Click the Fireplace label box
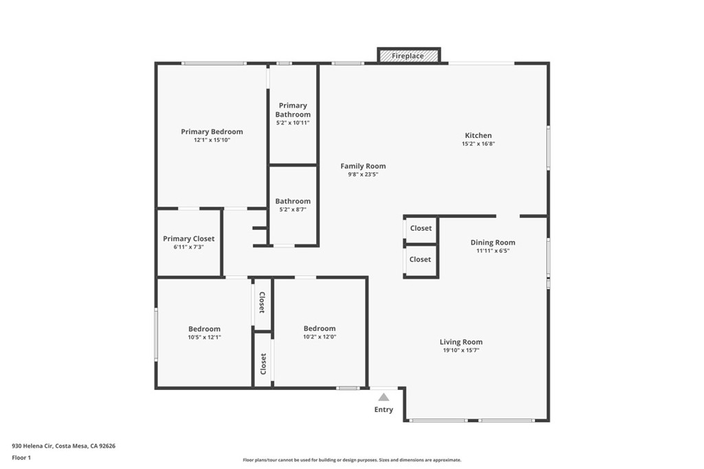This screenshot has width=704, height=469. point(408,56)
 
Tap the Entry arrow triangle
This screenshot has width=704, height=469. point(384,397)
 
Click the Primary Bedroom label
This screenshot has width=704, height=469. point(212,132)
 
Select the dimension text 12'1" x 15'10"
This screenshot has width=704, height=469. point(212,140)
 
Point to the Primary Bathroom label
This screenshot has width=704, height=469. point(293,110)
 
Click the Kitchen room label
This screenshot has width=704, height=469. point(478,135)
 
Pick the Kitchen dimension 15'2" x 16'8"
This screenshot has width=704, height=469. point(478,144)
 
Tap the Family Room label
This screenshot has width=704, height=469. point(363,165)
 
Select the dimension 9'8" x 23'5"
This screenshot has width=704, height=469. point(363,174)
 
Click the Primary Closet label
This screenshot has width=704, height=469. point(188,239)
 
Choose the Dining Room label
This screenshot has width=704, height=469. point(492,242)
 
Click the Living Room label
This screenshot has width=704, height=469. point(461,342)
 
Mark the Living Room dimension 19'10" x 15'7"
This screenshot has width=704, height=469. point(461,350)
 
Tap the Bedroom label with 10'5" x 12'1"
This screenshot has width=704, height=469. point(204,329)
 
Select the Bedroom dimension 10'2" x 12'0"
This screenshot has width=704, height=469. point(320,337)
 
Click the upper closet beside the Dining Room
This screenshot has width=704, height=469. point(421,229)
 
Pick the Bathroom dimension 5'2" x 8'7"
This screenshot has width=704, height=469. point(293,209)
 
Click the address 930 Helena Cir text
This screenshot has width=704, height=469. point(63,446)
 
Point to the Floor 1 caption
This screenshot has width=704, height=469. point(21,457)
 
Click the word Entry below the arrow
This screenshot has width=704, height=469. point(384,410)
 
